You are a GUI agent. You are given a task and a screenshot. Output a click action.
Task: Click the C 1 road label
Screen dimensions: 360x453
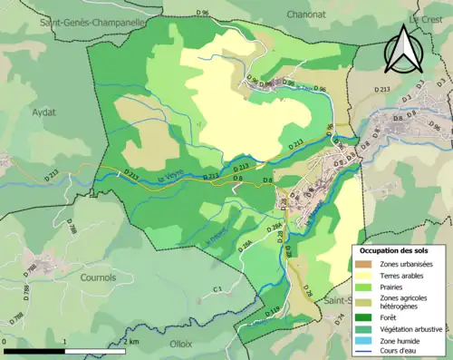[x=217, y=289]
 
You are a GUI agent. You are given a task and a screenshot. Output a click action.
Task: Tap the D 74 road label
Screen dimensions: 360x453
[x=342, y=318]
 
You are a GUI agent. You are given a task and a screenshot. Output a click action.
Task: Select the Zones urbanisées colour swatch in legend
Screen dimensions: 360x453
[x=364, y=263]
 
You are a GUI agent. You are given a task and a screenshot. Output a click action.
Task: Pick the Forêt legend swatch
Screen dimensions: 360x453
[x=364, y=316]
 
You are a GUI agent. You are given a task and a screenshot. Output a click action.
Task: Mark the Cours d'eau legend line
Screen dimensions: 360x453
[x=364, y=355]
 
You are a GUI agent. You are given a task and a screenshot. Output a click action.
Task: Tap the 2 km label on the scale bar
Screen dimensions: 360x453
[x=132, y=342]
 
